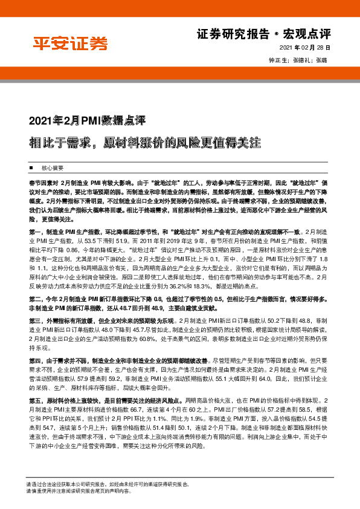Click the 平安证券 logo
69,44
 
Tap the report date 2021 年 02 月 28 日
305,48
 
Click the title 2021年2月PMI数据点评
88,119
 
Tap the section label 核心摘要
52,167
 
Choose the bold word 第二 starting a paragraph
34,298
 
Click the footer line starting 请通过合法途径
109,485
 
